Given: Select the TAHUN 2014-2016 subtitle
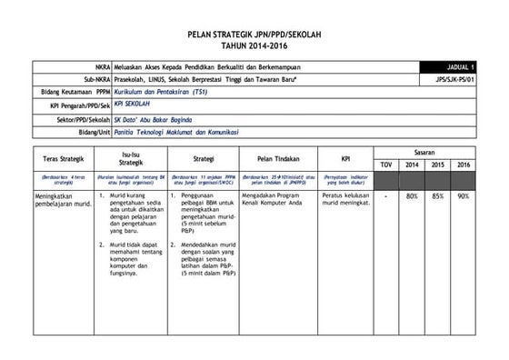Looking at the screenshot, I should point(254,45).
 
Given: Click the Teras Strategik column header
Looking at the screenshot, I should point(63,157).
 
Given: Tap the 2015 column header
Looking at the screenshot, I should point(438,164).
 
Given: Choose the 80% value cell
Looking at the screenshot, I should point(412,195).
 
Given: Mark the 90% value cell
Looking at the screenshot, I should point(464,195).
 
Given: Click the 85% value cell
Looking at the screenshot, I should point(438,195).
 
